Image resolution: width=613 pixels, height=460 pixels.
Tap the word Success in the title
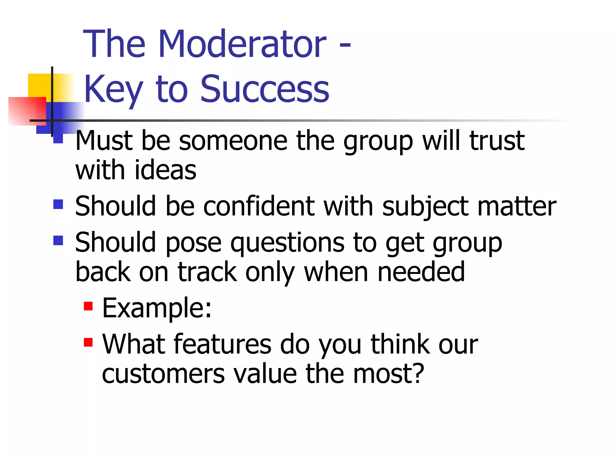(265, 89)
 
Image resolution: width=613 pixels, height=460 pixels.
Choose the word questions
(287, 243)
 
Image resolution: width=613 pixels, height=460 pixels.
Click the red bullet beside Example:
(88, 306)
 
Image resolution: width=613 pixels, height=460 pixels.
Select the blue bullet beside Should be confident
(58, 205)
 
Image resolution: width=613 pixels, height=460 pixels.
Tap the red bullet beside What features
(88, 342)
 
